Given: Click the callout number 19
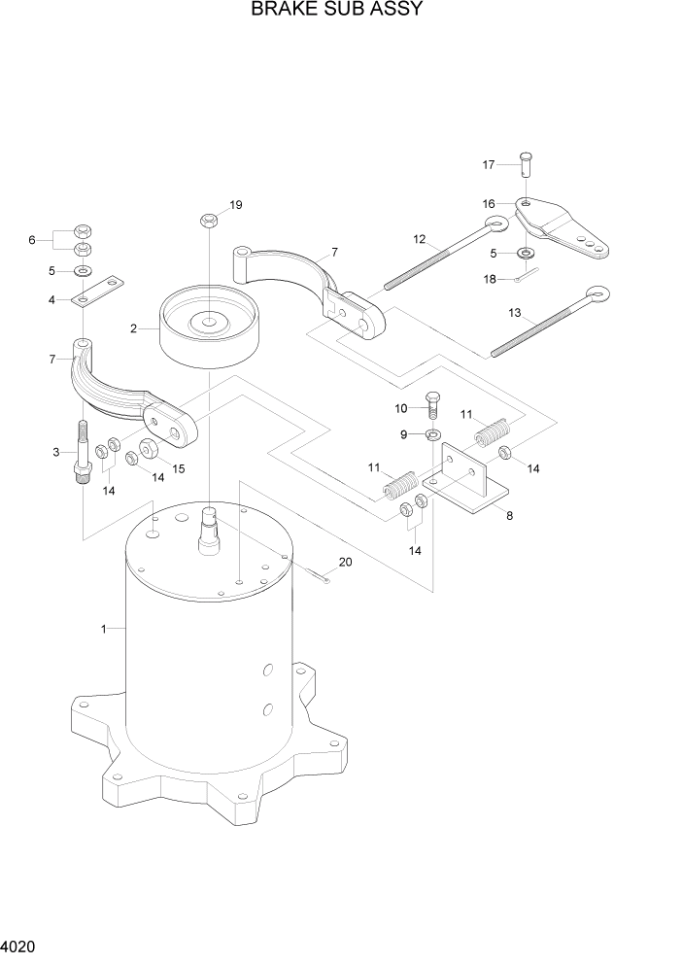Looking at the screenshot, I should click(x=235, y=205).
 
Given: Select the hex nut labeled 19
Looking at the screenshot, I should click(x=209, y=221).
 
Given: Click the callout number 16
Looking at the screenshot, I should click(x=489, y=203).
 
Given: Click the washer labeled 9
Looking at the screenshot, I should click(x=431, y=432).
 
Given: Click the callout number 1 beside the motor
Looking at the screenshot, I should click(x=103, y=629).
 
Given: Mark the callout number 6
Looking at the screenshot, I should click(x=31, y=239).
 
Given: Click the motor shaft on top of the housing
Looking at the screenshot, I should click(x=210, y=530).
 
